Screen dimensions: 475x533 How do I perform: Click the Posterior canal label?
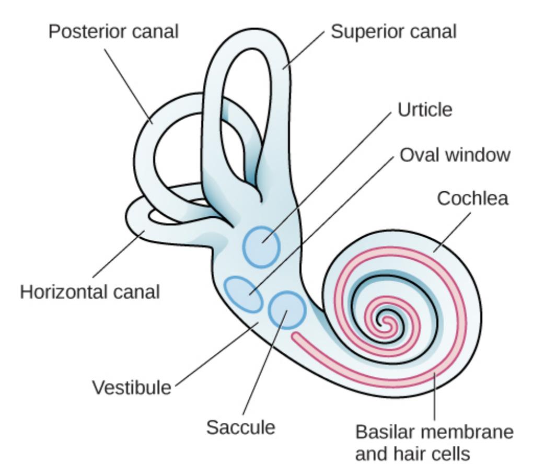coord(113,31)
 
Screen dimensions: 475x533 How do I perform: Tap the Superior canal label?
coord(393,31)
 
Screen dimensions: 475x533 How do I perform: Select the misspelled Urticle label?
coord(424,110)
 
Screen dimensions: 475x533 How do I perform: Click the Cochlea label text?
coord(472,199)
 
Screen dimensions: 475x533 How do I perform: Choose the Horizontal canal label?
coord(90,292)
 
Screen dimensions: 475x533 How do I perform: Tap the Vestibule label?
coord(132,388)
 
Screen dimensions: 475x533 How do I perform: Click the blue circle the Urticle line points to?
coord(261,245)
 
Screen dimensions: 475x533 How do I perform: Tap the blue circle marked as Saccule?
coord(286,310)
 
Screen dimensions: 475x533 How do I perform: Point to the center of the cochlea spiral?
coord(387,320)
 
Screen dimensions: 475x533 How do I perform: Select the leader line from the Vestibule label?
coord(214,355)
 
